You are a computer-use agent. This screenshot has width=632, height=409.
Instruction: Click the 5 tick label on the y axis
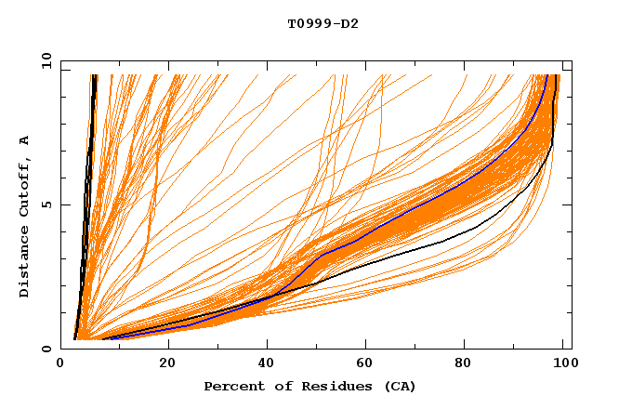click(46, 204)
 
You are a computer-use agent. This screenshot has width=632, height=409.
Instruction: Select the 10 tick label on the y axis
click(44, 60)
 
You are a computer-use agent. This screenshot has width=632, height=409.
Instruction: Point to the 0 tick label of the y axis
click(46, 350)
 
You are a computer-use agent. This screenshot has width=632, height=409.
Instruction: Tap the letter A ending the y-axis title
click(25, 139)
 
